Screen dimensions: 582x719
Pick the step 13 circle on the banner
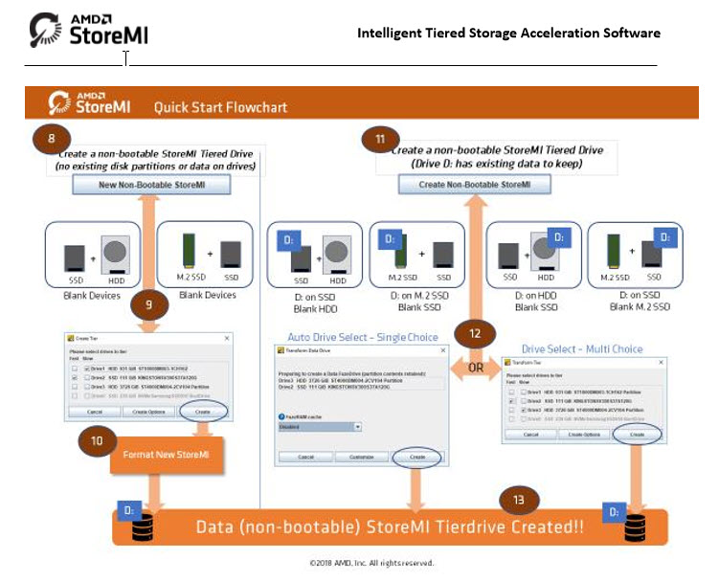tap(518, 500)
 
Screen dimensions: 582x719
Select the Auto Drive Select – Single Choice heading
tap(363, 337)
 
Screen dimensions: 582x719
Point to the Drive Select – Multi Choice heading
tap(581, 348)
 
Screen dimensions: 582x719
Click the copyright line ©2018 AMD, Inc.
tap(371, 563)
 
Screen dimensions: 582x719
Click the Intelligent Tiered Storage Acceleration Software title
tap(508, 33)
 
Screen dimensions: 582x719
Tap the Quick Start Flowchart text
tap(220, 106)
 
